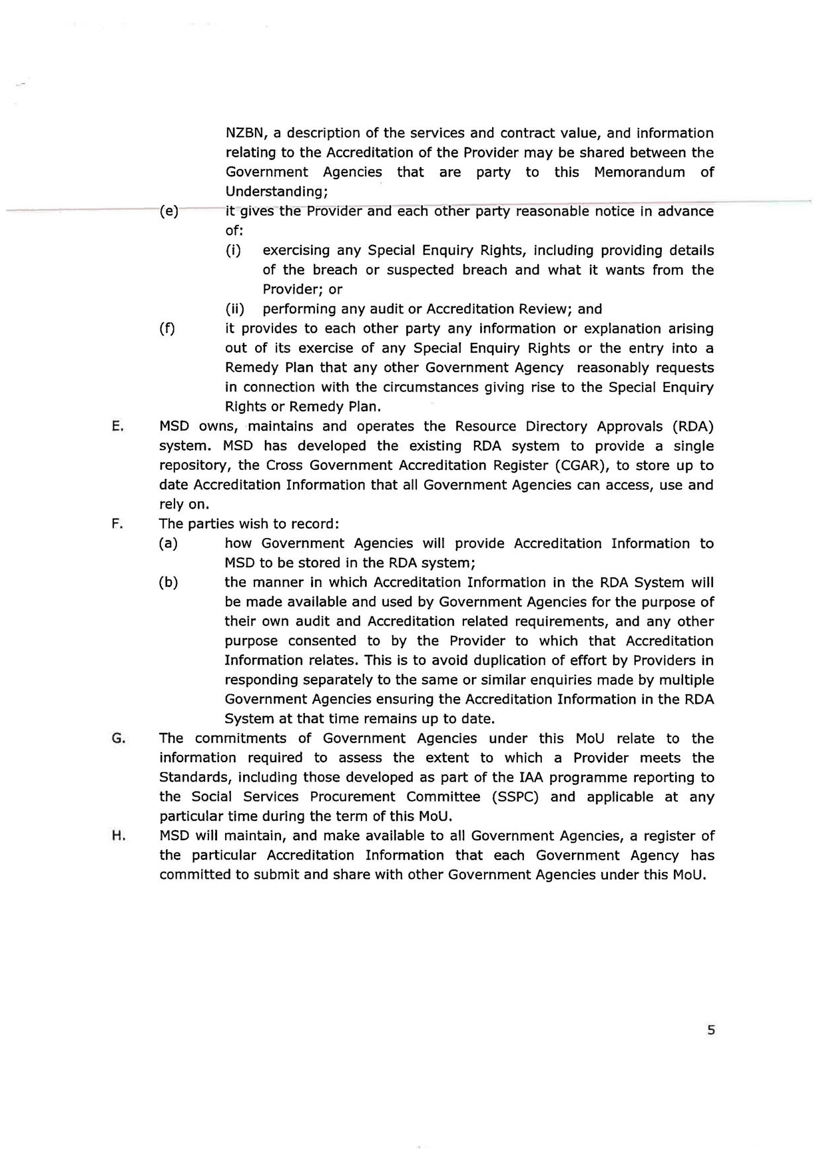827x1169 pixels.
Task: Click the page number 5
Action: point(711,1030)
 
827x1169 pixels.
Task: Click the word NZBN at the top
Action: point(246,133)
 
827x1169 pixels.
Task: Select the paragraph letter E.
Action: point(117,427)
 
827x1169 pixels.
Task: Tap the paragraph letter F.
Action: point(117,524)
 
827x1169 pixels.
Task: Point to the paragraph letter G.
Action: point(118,738)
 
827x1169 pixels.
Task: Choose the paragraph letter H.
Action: point(118,836)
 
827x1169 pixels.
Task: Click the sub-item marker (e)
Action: point(169,212)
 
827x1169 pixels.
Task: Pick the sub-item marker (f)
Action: point(167,329)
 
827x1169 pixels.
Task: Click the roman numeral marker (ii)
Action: point(234,309)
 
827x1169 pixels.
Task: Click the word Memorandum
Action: point(639,172)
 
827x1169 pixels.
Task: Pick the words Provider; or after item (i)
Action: point(302,290)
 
